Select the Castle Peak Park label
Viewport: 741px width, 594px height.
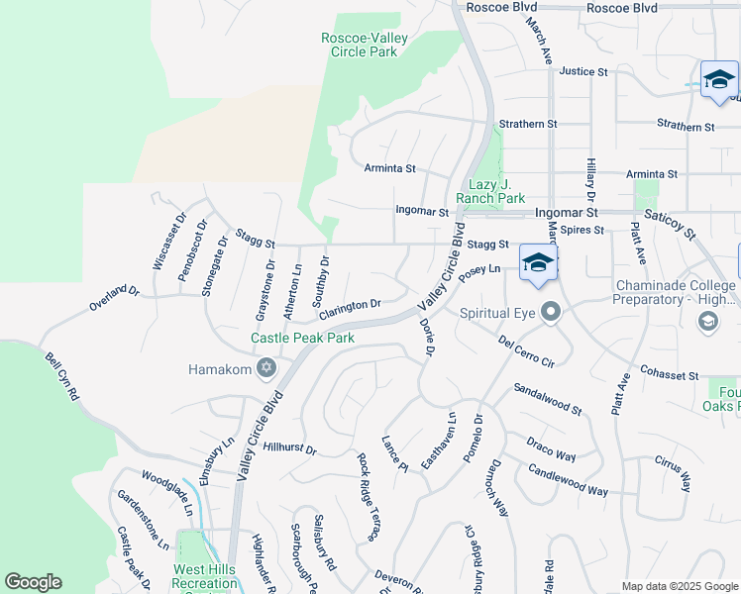point(302,338)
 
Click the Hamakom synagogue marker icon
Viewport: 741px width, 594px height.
point(265,369)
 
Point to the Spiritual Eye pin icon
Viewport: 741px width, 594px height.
point(553,314)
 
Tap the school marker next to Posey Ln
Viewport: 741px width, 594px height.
point(538,263)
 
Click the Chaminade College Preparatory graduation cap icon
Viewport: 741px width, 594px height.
point(707,321)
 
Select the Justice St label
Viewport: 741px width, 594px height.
point(582,71)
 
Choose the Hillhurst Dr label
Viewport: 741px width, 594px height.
point(289,447)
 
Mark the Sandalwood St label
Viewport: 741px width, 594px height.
point(547,400)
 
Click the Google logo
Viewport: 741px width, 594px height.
point(33,582)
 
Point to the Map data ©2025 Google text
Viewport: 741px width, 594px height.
point(679,586)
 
